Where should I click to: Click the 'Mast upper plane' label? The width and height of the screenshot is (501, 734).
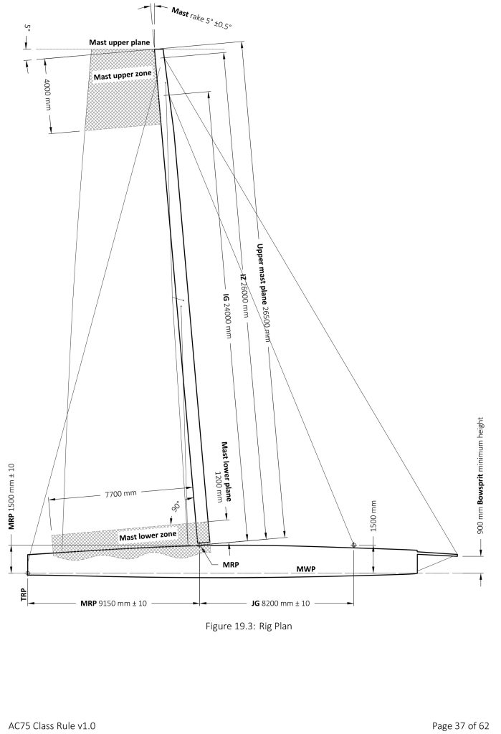click(120, 42)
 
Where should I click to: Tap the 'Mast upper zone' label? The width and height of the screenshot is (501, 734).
click(123, 75)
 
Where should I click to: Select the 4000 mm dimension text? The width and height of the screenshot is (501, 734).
click(47, 95)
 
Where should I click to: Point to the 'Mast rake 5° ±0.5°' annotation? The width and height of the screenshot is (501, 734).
click(201, 17)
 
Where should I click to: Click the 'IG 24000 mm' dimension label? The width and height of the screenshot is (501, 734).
click(227, 315)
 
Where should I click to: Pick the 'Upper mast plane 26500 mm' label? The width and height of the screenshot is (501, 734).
click(262, 292)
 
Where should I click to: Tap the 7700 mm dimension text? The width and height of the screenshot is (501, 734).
click(121, 493)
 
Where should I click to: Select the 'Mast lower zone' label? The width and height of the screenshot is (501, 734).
click(148, 535)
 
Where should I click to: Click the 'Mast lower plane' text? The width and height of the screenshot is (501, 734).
click(226, 471)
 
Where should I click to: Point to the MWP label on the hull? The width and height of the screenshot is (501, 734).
click(306, 568)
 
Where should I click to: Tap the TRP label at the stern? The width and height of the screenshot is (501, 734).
click(24, 594)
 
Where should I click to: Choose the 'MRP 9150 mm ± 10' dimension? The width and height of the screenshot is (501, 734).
click(113, 603)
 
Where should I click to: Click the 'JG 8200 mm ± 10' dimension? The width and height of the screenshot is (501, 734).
click(280, 603)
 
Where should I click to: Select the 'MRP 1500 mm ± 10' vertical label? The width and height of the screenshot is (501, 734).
click(11, 497)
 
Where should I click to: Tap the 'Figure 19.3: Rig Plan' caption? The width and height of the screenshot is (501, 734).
click(249, 626)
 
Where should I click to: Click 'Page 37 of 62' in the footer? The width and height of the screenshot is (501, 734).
click(460, 725)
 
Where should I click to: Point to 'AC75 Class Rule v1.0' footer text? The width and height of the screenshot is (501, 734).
click(52, 725)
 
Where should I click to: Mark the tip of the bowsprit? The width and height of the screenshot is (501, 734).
click(457, 556)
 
